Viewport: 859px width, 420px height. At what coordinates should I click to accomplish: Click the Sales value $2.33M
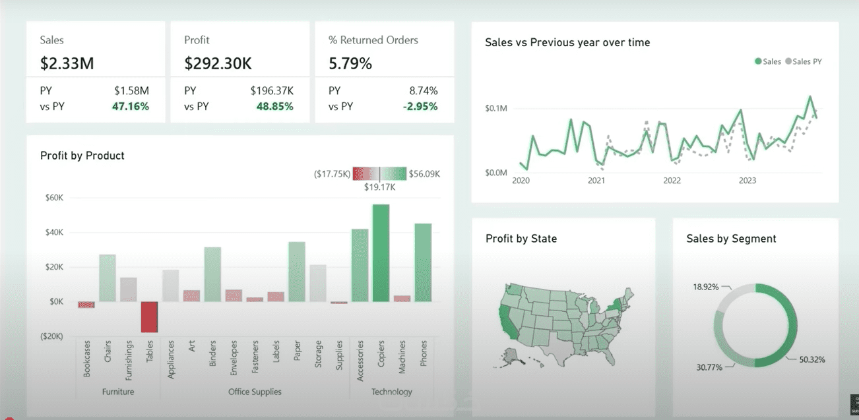click(x=67, y=63)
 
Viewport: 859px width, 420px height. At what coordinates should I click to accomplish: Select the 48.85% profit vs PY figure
click(x=274, y=106)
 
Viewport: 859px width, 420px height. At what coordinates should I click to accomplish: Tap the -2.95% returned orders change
click(x=420, y=106)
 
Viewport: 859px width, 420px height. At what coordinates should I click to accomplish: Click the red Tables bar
click(x=149, y=317)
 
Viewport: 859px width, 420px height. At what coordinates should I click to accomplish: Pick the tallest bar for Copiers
click(x=381, y=253)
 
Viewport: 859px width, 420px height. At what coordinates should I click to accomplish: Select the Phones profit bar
click(x=423, y=262)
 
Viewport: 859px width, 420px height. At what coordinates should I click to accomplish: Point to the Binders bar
click(x=212, y=274)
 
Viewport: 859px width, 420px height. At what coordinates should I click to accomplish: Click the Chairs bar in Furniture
click(x=108, y=278)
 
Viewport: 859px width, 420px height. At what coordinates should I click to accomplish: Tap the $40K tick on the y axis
click(x=55, y=232)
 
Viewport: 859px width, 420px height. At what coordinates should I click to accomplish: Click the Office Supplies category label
click(x=255, y=392)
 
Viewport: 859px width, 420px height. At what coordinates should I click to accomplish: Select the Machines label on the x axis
click(x=402, y=357)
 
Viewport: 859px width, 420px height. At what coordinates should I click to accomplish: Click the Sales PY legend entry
click(x=804, y=61)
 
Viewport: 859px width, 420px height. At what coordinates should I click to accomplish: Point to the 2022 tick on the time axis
click(x=672, y=181)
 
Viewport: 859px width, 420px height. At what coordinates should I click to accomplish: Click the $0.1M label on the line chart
click(x=496, y=108)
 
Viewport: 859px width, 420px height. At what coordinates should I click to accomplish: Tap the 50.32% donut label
click(x=812, y=359)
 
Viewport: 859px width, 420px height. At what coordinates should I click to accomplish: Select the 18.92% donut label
click(x=706, y=287)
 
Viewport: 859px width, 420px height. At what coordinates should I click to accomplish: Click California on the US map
click(x=507, y=322)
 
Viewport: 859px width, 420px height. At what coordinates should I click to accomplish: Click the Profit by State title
click(x=521, y=239)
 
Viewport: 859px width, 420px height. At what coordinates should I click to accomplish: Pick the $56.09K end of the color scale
click(x=424, y=174)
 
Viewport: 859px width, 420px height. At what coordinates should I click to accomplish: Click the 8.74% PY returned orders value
click(x=424, y=91)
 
